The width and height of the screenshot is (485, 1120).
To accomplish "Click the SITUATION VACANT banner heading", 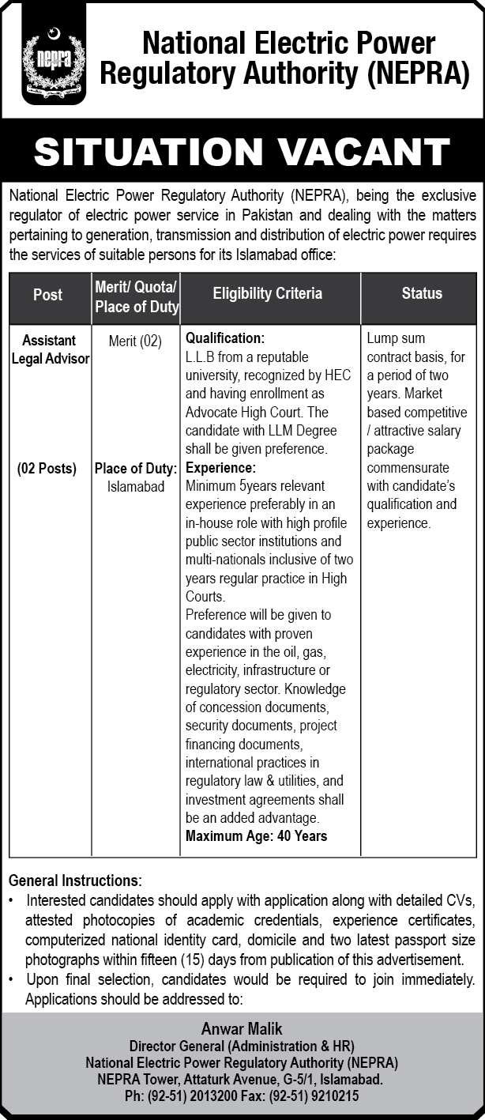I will pos(242,152).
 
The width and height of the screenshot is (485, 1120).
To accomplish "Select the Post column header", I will pos(48,294).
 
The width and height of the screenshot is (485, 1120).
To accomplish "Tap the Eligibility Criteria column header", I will pos(268,293).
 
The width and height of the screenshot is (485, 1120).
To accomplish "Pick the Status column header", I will pos(421,293).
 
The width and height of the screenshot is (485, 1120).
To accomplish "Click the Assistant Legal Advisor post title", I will pos(49,349).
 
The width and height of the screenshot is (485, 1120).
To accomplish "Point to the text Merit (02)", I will pos(135,341).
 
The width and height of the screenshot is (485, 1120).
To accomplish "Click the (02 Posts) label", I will pos(47,468).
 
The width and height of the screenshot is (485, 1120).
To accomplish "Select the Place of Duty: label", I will pos(136,468).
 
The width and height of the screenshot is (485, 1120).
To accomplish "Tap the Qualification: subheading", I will pos(225,338).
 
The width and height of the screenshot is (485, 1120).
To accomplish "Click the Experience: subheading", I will pos(220,468).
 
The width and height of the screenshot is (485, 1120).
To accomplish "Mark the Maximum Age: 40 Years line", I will pos(256,835).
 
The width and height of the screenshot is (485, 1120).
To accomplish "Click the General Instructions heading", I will pos(75,880).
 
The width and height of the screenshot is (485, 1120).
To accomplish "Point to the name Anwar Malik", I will pos(242,1028).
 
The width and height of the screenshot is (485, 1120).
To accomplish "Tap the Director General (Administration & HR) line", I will pos(242,1046).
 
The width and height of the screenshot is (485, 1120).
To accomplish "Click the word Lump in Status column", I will pos(383,338).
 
